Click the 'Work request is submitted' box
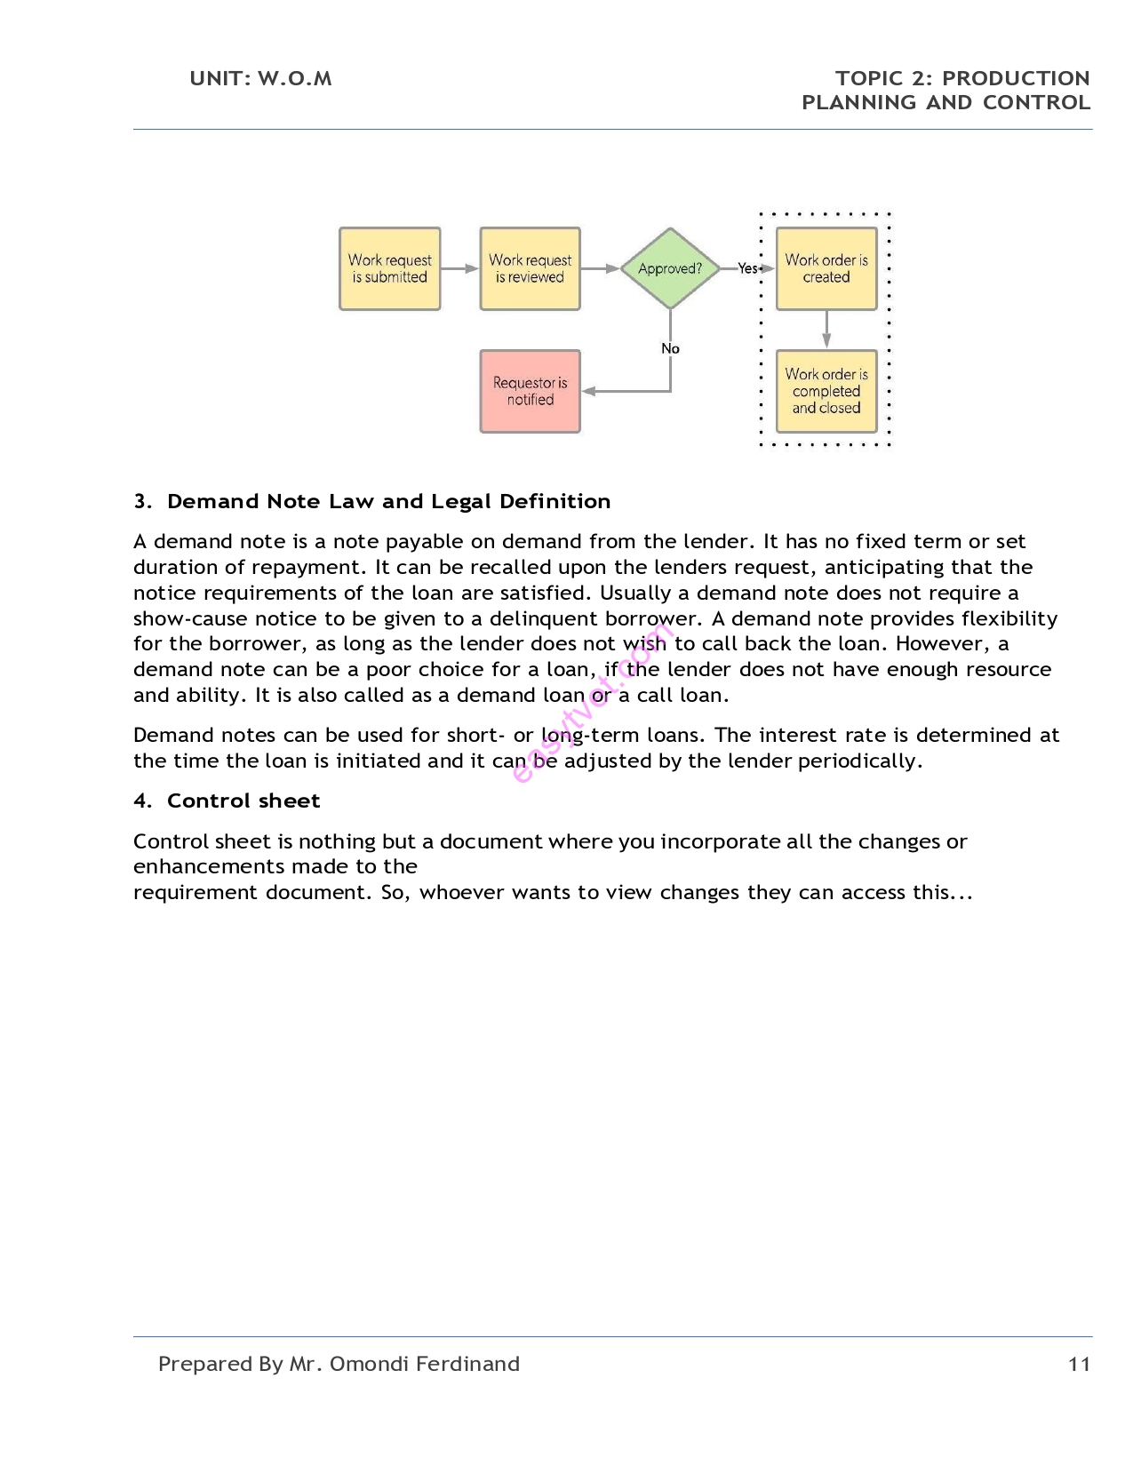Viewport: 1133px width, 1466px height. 389,268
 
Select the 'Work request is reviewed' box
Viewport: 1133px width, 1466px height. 530,268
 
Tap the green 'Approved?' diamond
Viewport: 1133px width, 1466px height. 670,268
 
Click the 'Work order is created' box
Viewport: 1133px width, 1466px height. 826,268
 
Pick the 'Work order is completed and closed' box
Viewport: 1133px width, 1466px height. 826,391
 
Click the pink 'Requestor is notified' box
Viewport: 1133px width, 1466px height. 530,391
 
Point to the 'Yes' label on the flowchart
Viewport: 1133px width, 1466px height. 747,268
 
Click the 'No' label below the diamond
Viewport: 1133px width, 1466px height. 670,348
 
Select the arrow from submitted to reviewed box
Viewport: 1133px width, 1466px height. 459,268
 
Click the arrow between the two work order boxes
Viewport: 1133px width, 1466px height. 826,329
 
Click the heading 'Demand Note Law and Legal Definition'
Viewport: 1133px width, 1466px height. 388,501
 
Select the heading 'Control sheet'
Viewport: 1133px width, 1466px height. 243,801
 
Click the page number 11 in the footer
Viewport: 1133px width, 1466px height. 1079,1364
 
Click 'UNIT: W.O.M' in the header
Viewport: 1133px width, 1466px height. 260,78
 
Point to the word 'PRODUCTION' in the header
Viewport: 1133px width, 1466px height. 1016,78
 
